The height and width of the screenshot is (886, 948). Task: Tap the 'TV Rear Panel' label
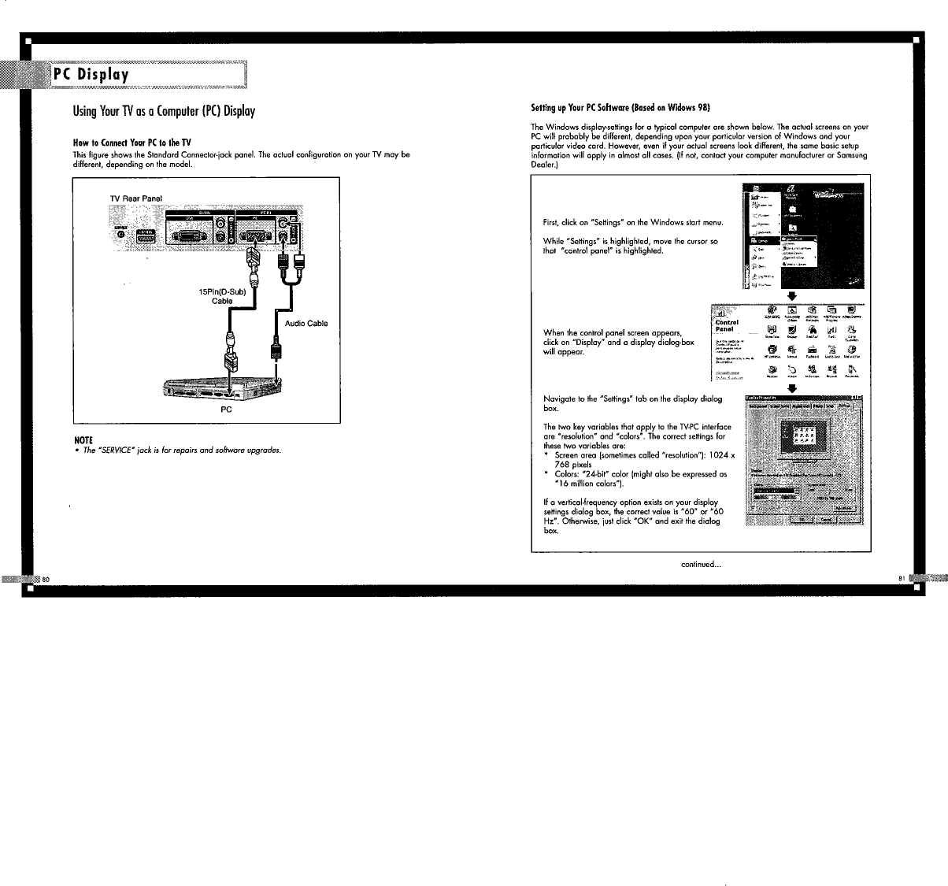(135, 197)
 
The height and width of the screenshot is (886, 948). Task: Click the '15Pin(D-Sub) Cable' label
(223, 297)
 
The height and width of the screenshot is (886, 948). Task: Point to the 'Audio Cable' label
(306, 324)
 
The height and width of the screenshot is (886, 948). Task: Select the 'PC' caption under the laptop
(226, 410)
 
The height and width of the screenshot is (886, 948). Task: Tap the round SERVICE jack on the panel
(120, 234)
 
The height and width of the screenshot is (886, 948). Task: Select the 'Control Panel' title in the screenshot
(727, 325)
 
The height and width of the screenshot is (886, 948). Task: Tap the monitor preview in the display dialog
(802, 436)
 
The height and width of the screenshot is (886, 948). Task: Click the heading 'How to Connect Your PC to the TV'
(132, 143)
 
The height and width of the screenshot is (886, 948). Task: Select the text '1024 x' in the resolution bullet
(719, 456)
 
